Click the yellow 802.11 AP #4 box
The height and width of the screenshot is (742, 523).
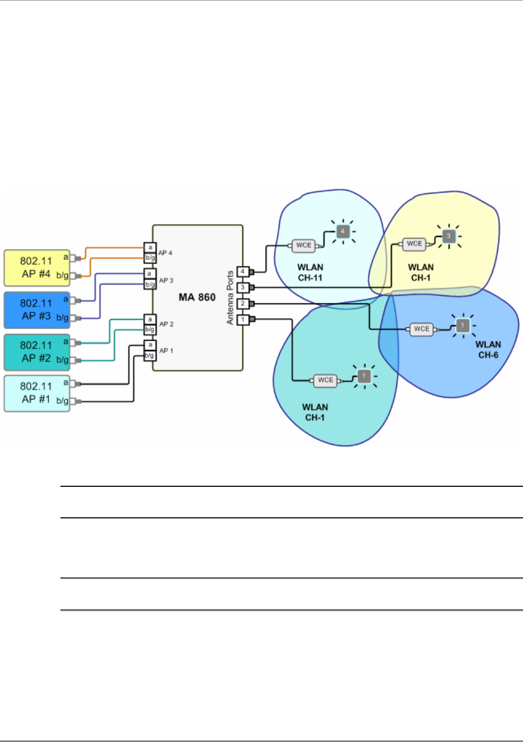pos(37,268)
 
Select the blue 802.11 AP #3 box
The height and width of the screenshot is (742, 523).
pos(37,310)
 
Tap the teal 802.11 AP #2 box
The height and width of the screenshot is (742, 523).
pos(37,352)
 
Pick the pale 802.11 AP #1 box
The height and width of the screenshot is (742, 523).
pos(37,394)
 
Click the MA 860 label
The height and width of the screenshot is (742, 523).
pos(197,297)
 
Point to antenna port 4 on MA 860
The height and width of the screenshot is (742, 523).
pos(243,272)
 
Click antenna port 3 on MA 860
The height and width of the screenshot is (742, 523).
pos(243,287)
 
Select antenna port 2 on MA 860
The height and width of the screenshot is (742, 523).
pos(243,303)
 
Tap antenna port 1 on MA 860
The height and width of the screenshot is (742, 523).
pos(243,320)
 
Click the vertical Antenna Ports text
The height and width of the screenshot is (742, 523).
pos(230,297)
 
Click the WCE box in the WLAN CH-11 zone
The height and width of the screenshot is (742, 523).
pos(304,246)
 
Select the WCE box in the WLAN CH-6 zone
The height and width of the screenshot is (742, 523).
pos(421,329)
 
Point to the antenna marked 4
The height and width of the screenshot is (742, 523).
pos(343,232)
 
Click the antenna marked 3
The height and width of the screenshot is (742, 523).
pos(449,236)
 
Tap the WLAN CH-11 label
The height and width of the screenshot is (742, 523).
pos(310,272)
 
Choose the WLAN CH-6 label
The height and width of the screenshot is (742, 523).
pos(488,349)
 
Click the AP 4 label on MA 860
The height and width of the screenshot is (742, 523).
pos(165,253)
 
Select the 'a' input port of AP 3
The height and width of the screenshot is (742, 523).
pos(150,273)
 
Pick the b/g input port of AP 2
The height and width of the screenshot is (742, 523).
pos(150,330)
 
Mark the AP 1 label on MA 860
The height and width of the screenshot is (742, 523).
pos(166,350)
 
